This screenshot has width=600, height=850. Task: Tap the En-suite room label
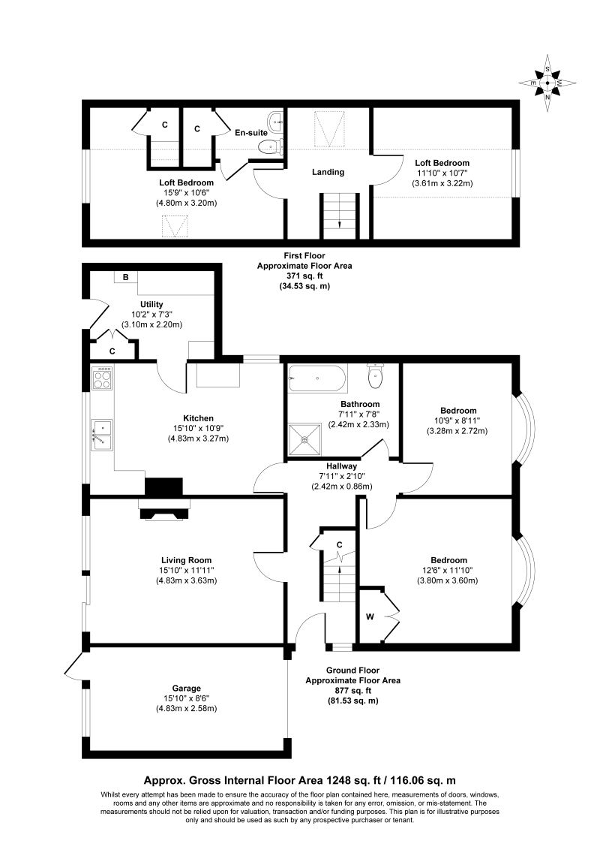coord(251,132)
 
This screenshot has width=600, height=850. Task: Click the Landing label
coord(328,172)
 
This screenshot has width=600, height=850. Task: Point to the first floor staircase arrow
coord(340,224)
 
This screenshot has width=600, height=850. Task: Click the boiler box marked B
coord(126,278)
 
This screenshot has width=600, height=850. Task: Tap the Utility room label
coord(151,304)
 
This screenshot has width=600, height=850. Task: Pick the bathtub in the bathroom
coord(318,377)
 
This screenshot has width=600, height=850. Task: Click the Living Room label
coord(186,559)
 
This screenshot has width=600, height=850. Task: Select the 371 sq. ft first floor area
coord(304,276)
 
